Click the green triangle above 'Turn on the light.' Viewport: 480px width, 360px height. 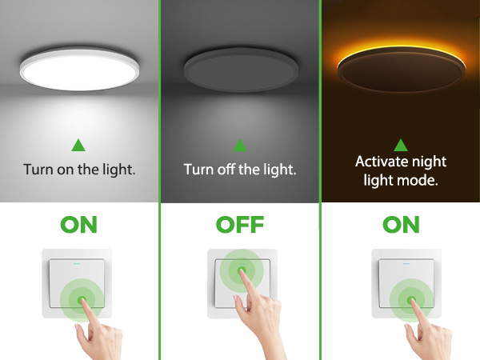[x=78, y=146]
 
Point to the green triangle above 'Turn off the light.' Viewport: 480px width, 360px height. [x=239, y=146]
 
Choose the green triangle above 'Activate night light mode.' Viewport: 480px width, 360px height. [x=401, y=145]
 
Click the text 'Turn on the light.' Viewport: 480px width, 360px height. [x=79, y=170]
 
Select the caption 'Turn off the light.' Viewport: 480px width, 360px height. [x=240, y=170]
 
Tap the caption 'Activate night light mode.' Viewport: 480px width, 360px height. [x=401, y=171]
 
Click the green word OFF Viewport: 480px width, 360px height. [x=240, y=225]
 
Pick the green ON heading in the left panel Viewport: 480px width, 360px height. [x=78, y=225]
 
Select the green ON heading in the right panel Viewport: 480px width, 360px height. [x=401, y=225]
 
